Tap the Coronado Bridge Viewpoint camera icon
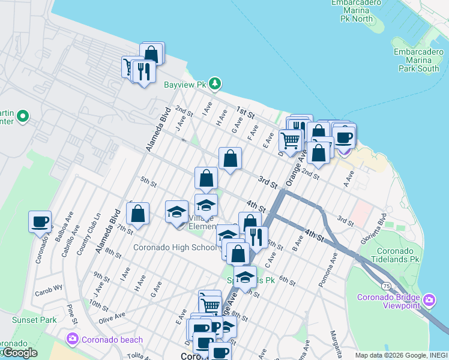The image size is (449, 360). (x=429, y=299)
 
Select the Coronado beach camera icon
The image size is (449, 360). (x=73, y=340)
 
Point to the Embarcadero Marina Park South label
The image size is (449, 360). (x=417, y=60)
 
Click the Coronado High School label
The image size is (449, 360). (x=174, y=247)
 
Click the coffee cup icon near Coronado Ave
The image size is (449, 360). (x=40, y=221)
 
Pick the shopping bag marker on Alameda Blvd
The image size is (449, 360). (x=137, y=214)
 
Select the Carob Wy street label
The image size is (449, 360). (x=49, y=287)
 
